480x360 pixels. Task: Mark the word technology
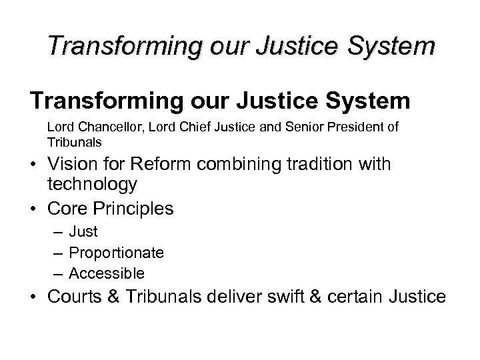pos(92,184)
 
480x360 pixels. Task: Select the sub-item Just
pos(83,232)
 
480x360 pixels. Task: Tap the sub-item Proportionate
pos(117,253)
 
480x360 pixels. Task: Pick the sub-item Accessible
pos(107,273)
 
